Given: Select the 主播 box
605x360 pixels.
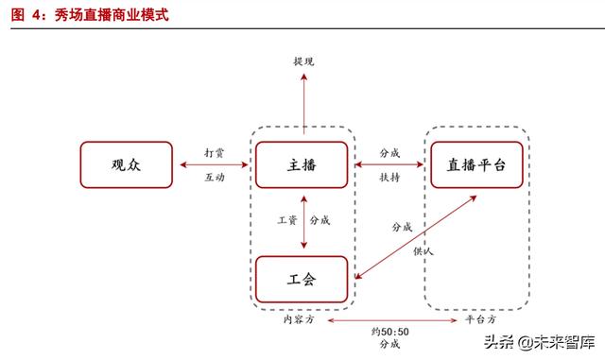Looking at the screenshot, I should (x=303, y=164).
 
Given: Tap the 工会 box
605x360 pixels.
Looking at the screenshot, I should (x=303, y=279).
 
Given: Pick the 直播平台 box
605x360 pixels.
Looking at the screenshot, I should (x=475, y=164).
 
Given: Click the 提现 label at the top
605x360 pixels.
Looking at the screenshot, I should (x=303, y=61).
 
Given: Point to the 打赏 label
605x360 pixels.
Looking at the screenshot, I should (x=215, y=151).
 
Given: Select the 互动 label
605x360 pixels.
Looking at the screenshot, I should (x=215, y=178).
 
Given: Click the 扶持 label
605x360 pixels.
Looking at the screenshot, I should (x=389, y=178).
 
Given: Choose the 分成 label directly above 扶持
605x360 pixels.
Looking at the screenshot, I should (x=389, y=151).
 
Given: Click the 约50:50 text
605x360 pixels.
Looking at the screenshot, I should (x=389, y=332).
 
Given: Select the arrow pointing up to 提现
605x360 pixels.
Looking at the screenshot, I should (x=303, y=104).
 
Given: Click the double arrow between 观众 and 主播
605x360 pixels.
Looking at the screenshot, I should (x=215, y=164).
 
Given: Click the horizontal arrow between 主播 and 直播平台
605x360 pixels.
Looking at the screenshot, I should (x=389, y=164).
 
